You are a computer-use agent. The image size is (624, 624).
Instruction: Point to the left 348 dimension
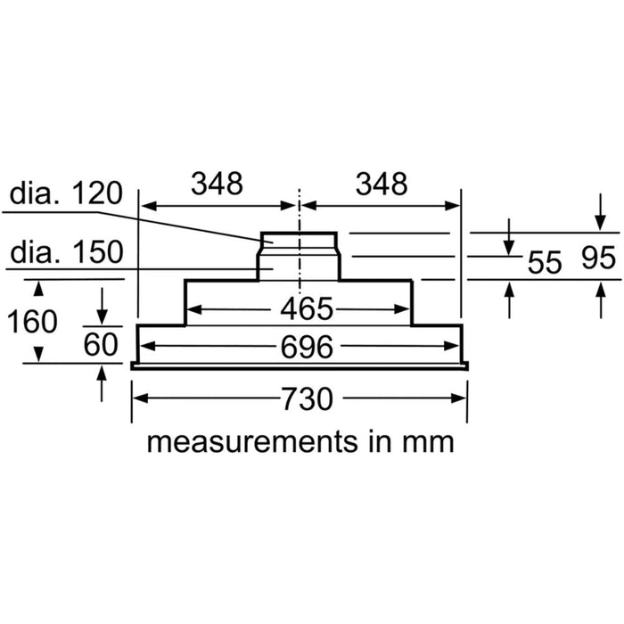[x=218, y=185]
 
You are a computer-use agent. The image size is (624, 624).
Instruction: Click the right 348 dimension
[x=381, y=185]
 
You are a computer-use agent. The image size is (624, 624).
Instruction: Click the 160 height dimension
[x=33, y=320]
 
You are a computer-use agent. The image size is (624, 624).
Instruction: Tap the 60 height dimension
[x=103, y=343]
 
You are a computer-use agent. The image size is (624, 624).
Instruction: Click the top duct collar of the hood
[x=299, y=241]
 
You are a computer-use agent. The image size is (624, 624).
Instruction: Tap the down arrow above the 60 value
[x=103, y=308]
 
